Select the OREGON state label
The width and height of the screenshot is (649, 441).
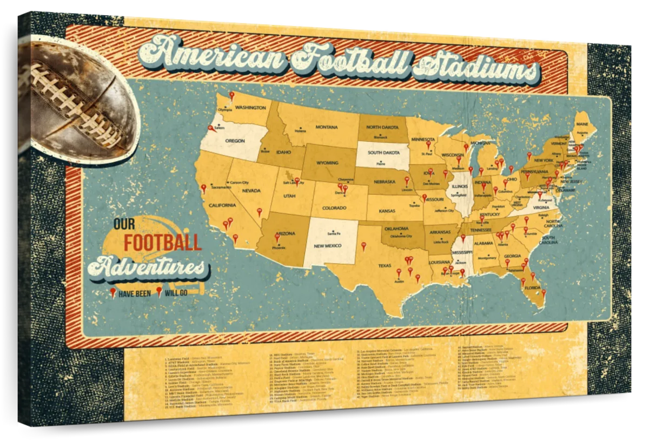(x=235, y=141)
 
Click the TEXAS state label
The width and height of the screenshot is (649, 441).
(x=385, y=265)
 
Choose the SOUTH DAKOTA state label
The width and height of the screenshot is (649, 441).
(x=384, y=152)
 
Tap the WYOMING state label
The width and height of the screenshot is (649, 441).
(x=327, y=162)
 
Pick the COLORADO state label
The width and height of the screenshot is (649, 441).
(x=334, y=208)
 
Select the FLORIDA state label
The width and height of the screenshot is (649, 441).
(x=532, y=288)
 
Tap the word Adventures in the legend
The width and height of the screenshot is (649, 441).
(x=147, y=266)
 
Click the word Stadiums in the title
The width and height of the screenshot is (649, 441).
(x=476, y=70)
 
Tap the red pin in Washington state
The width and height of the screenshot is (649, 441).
(x=231, y=96)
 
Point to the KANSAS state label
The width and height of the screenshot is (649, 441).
(x=387, y=210)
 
